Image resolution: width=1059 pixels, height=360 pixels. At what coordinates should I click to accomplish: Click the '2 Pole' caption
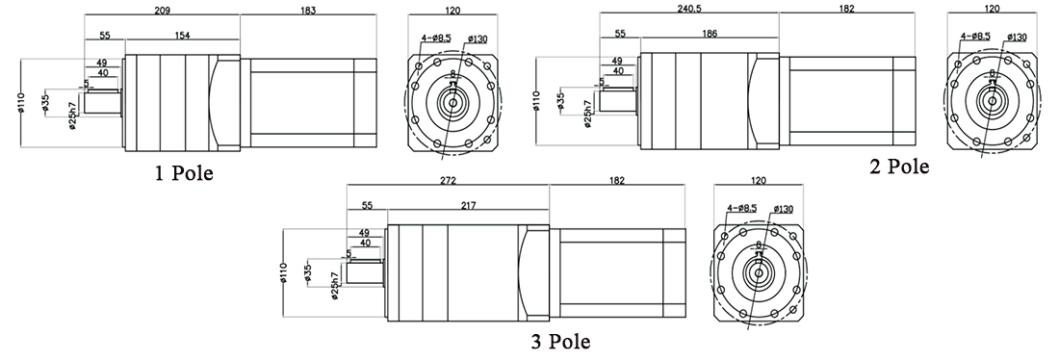point(899,167)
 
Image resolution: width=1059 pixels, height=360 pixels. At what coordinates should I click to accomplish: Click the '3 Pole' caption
point(559,342)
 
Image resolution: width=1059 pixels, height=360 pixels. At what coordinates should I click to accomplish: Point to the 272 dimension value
point(448,180)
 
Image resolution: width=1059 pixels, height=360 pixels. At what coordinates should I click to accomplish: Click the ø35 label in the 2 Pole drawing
point(562,101)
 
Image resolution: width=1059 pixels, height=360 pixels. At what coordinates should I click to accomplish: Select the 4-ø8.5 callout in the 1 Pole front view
point(432,39)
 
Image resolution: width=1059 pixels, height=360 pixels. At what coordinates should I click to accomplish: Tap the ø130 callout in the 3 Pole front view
point(782,209)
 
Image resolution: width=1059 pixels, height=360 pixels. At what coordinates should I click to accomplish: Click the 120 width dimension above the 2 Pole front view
point(991,9)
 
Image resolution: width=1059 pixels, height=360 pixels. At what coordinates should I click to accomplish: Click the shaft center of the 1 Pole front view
point(452,100)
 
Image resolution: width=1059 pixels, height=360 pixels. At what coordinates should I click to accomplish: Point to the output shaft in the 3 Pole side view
point(363,274)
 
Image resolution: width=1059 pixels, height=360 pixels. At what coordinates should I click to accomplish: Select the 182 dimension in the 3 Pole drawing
point(616,180)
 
